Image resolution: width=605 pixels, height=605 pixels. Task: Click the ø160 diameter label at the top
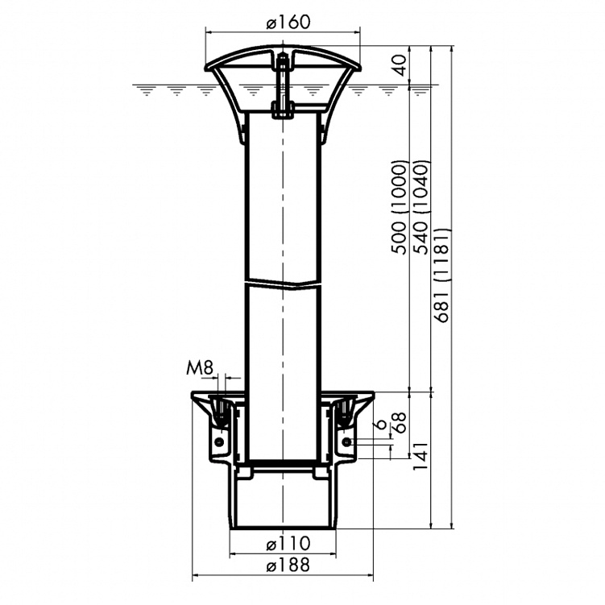click(x=288, y=22)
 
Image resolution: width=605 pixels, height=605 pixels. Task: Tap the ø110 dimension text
click(x=288, y=543)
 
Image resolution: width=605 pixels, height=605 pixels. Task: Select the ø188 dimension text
click(x=288, y=566)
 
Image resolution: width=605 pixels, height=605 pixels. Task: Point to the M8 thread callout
click(x=200, y=368)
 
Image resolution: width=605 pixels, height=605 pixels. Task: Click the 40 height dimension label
click(x=400, y=64)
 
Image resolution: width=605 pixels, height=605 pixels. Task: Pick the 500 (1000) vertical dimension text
click(x=399, y=207)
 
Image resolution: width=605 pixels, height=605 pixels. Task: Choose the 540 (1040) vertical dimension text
click(x=421, y=207)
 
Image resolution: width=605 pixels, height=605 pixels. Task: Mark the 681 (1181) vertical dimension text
click(x=442, y=275)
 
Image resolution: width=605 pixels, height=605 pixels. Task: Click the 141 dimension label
click(x=421, y=456)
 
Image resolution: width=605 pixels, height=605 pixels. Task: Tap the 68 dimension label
click(x=400, y=422)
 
